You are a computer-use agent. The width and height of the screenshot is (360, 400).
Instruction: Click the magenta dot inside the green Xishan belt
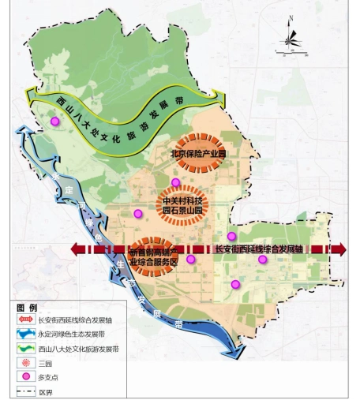(55, 121)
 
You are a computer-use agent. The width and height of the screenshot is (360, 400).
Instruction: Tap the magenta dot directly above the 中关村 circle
(175, 182)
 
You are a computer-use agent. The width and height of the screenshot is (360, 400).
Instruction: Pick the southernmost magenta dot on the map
(234, 285)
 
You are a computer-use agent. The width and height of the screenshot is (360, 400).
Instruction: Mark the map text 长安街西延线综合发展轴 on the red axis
(259, 249)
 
